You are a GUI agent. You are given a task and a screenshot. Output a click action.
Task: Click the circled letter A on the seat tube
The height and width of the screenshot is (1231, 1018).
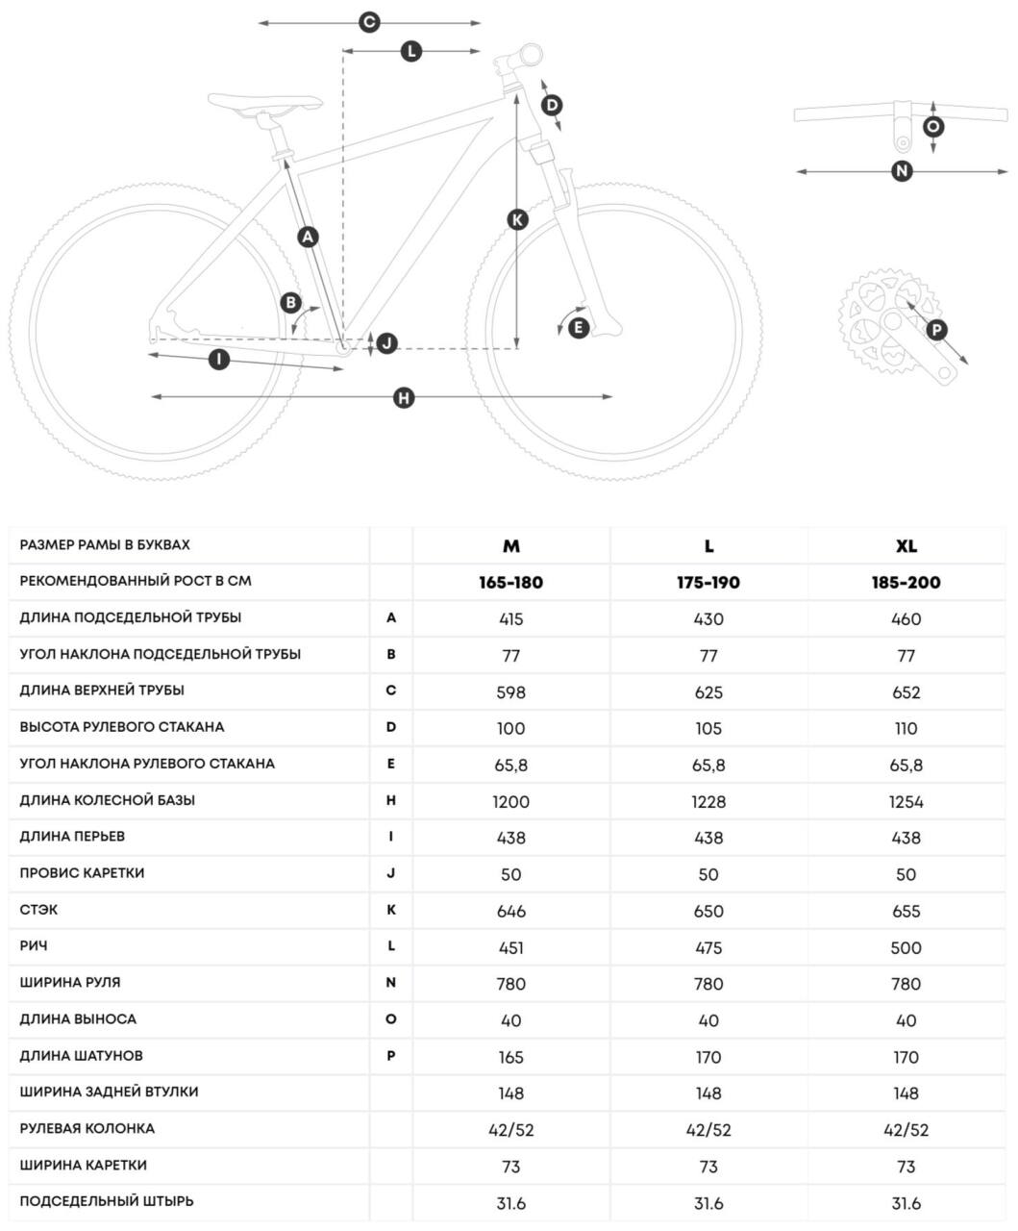(x=308, y=236)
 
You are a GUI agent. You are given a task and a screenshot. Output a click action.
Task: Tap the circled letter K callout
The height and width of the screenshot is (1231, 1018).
(x=517, y=219)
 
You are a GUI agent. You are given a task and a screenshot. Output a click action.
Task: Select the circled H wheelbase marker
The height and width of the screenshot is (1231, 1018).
(x=404, y=397)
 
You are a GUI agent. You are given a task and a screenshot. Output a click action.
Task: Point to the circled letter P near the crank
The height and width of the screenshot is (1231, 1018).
(x=936, y=330)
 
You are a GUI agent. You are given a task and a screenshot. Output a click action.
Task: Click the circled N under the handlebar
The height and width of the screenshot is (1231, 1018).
(x=901, y=171)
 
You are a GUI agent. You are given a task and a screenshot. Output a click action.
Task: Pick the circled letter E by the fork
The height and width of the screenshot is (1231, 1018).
(x=578, y=327)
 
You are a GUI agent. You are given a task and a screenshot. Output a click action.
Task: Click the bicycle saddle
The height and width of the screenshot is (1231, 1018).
(x=266, y=103)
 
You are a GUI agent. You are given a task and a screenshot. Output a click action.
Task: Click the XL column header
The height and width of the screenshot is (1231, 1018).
(x=906, y=545)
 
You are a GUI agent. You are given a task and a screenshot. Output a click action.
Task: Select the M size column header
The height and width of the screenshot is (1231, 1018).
(x=511, y=545)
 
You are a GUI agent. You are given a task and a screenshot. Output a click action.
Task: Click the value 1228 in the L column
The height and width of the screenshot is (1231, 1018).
(x=708, y=801)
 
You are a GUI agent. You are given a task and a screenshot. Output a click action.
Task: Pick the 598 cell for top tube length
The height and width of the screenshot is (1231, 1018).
(x=511, y=691)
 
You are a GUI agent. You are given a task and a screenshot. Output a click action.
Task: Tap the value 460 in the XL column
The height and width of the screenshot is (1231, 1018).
(x=906, y=618)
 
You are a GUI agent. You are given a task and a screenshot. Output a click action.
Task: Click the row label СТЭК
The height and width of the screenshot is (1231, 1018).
(x=38, y=910)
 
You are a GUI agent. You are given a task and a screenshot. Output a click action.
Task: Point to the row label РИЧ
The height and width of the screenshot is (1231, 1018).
(x=34, y=946)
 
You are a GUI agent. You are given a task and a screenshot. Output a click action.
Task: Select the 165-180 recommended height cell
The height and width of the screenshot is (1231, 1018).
(x=511, y=582)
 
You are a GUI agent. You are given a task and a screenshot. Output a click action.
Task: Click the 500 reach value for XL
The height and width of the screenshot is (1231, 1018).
(x=906, y=947)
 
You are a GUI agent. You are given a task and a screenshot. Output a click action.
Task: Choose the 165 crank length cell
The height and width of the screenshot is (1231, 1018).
(x=511, y=1057)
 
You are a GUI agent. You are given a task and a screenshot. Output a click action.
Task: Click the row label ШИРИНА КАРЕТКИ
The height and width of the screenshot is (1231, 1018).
(x=83, y=1166)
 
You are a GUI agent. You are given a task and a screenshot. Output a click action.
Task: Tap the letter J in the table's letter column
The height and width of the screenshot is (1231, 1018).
(x=391, y=874)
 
